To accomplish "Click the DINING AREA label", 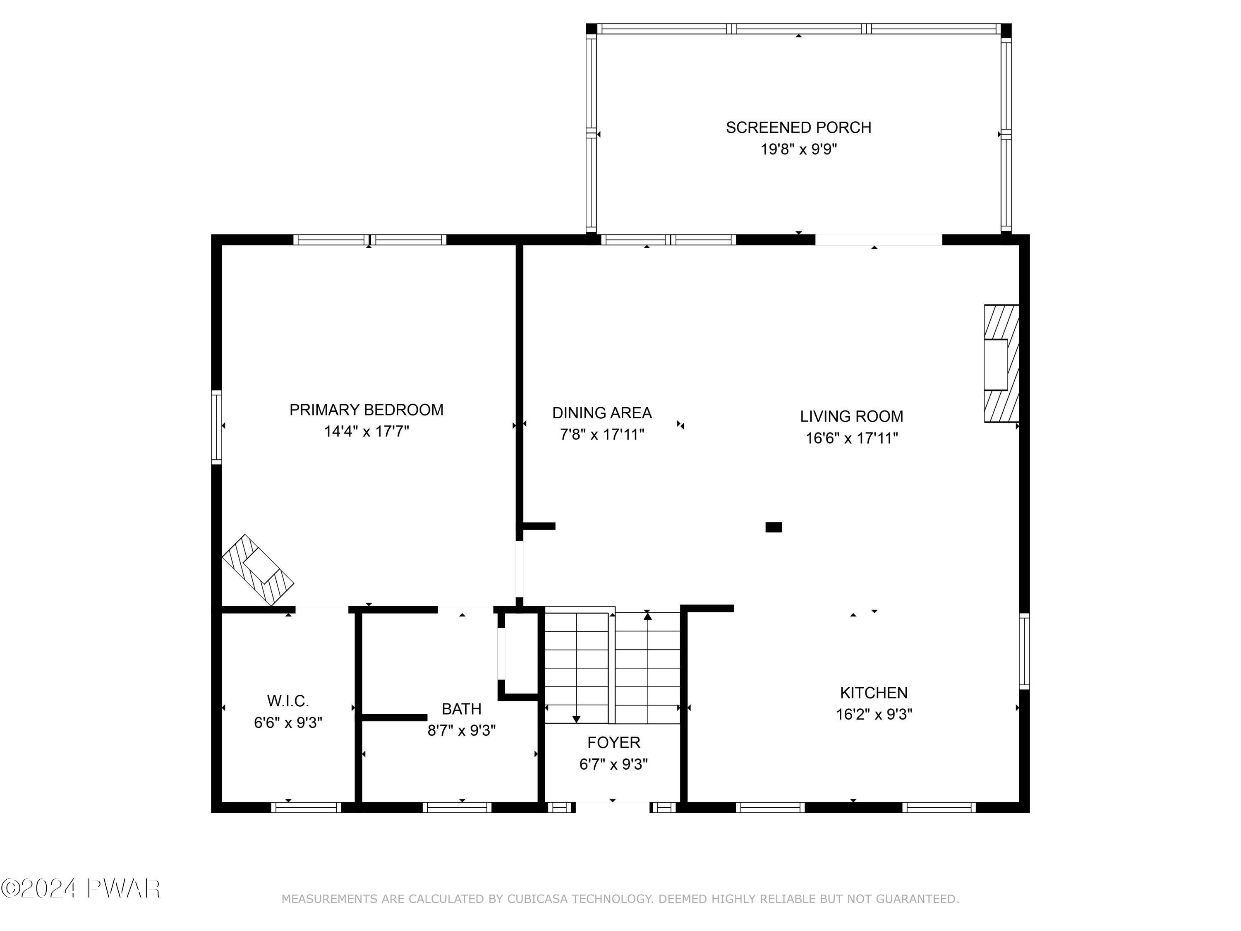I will (x=601, y=413).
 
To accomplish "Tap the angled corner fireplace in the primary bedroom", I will (x=258, y=570).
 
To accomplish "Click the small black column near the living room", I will (x=773, y=527).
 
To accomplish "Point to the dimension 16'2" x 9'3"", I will (x=874, y=714).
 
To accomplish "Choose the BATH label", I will (x=461, y=709).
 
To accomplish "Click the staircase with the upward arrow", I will (x=648, y=668).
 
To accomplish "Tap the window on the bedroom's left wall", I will (x=217, y=427).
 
